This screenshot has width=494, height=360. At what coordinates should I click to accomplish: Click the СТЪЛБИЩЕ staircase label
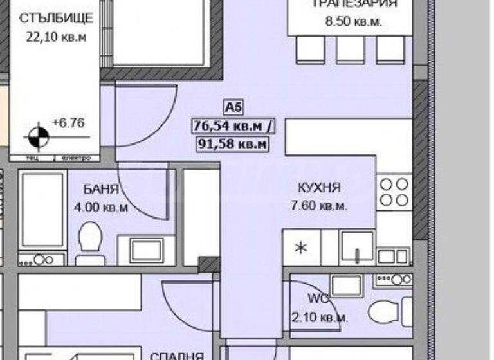56,17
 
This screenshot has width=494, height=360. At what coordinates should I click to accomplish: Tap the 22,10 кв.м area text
56,37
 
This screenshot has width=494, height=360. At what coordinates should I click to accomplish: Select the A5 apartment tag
230,107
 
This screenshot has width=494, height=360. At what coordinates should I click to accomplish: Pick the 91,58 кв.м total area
232,143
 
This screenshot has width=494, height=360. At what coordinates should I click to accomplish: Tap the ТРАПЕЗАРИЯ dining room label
354,4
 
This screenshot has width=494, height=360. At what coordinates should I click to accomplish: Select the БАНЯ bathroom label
100,189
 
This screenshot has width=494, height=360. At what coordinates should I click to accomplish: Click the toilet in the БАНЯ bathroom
89,242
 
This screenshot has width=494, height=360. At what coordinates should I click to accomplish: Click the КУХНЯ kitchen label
319,188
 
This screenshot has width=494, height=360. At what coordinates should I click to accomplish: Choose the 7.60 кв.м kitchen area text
319,206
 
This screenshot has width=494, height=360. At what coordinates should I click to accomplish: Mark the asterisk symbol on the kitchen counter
300,248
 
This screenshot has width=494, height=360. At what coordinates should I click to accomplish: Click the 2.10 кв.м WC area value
320,318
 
